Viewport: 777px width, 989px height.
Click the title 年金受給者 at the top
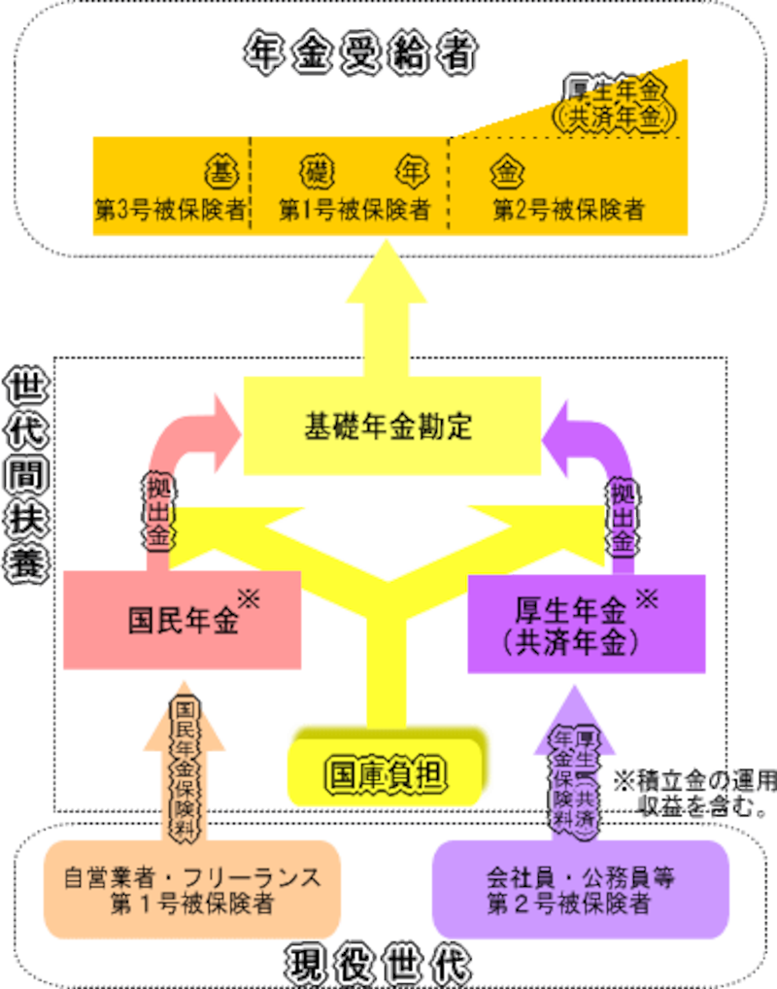click(x=359, y=56)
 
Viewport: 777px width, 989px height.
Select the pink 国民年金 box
click(x=182, y=621)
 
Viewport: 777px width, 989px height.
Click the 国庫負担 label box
click(x=385, y=774)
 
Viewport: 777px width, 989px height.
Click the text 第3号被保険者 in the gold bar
click(x=170, y=210)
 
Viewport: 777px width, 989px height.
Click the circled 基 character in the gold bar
click(x=218, y=172)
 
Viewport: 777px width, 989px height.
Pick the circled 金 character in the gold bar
click(x=507, y=172)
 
